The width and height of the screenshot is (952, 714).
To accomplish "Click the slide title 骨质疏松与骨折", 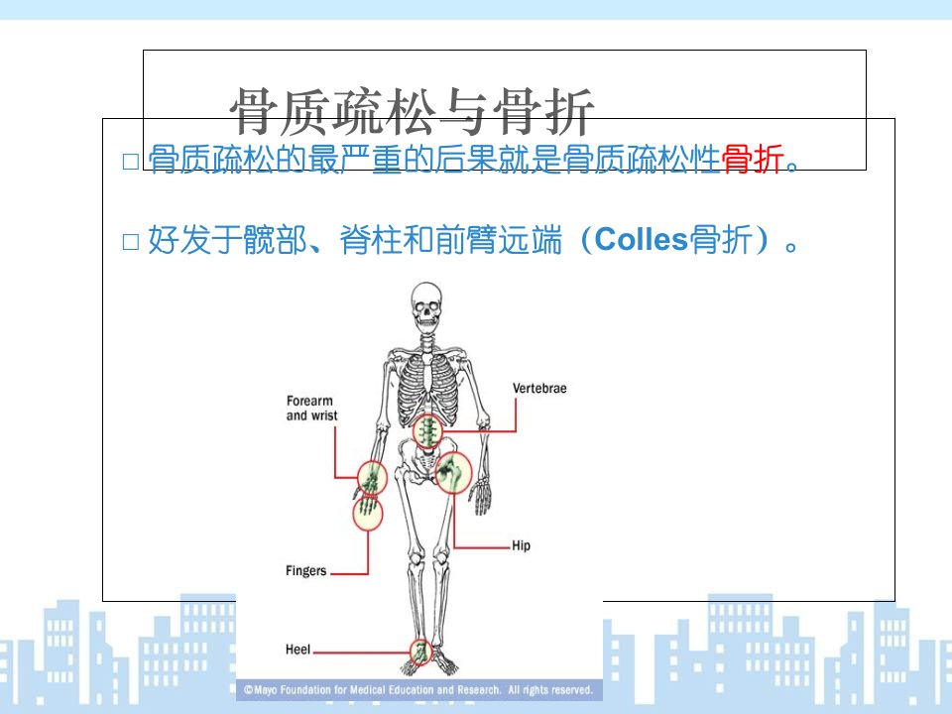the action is tap(412, 112).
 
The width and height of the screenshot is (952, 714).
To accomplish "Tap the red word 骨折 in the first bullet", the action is tap(753, 159).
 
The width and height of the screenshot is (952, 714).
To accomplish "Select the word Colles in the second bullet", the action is tap(642, 239).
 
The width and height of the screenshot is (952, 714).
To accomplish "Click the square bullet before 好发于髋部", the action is tap(131, 242).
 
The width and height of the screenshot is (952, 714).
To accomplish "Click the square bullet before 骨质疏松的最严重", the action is tap(131, 162).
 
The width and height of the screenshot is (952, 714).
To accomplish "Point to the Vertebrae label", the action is tap(539, 389).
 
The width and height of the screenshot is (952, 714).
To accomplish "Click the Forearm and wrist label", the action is tap(311, 408).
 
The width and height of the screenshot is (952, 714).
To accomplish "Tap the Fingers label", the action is tap(306, 571).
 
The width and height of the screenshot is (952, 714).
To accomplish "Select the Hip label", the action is tap(521, 545).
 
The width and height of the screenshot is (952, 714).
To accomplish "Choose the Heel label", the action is tap(297, 650).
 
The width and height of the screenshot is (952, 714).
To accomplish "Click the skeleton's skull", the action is tap(426, 305).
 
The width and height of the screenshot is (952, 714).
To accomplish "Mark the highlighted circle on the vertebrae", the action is tap(428, 431).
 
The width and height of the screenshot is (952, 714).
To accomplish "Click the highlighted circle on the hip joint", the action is tap(453, 472).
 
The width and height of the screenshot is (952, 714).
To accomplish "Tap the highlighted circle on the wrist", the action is tap(372, 477).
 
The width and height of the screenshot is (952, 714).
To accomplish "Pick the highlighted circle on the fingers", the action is tap(367, 513).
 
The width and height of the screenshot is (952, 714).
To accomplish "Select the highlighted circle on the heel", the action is tap(420, 653).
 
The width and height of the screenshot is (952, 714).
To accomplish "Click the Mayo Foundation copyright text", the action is tap(418, 690).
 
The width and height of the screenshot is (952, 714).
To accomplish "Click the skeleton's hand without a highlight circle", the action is tap(482, 496).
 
